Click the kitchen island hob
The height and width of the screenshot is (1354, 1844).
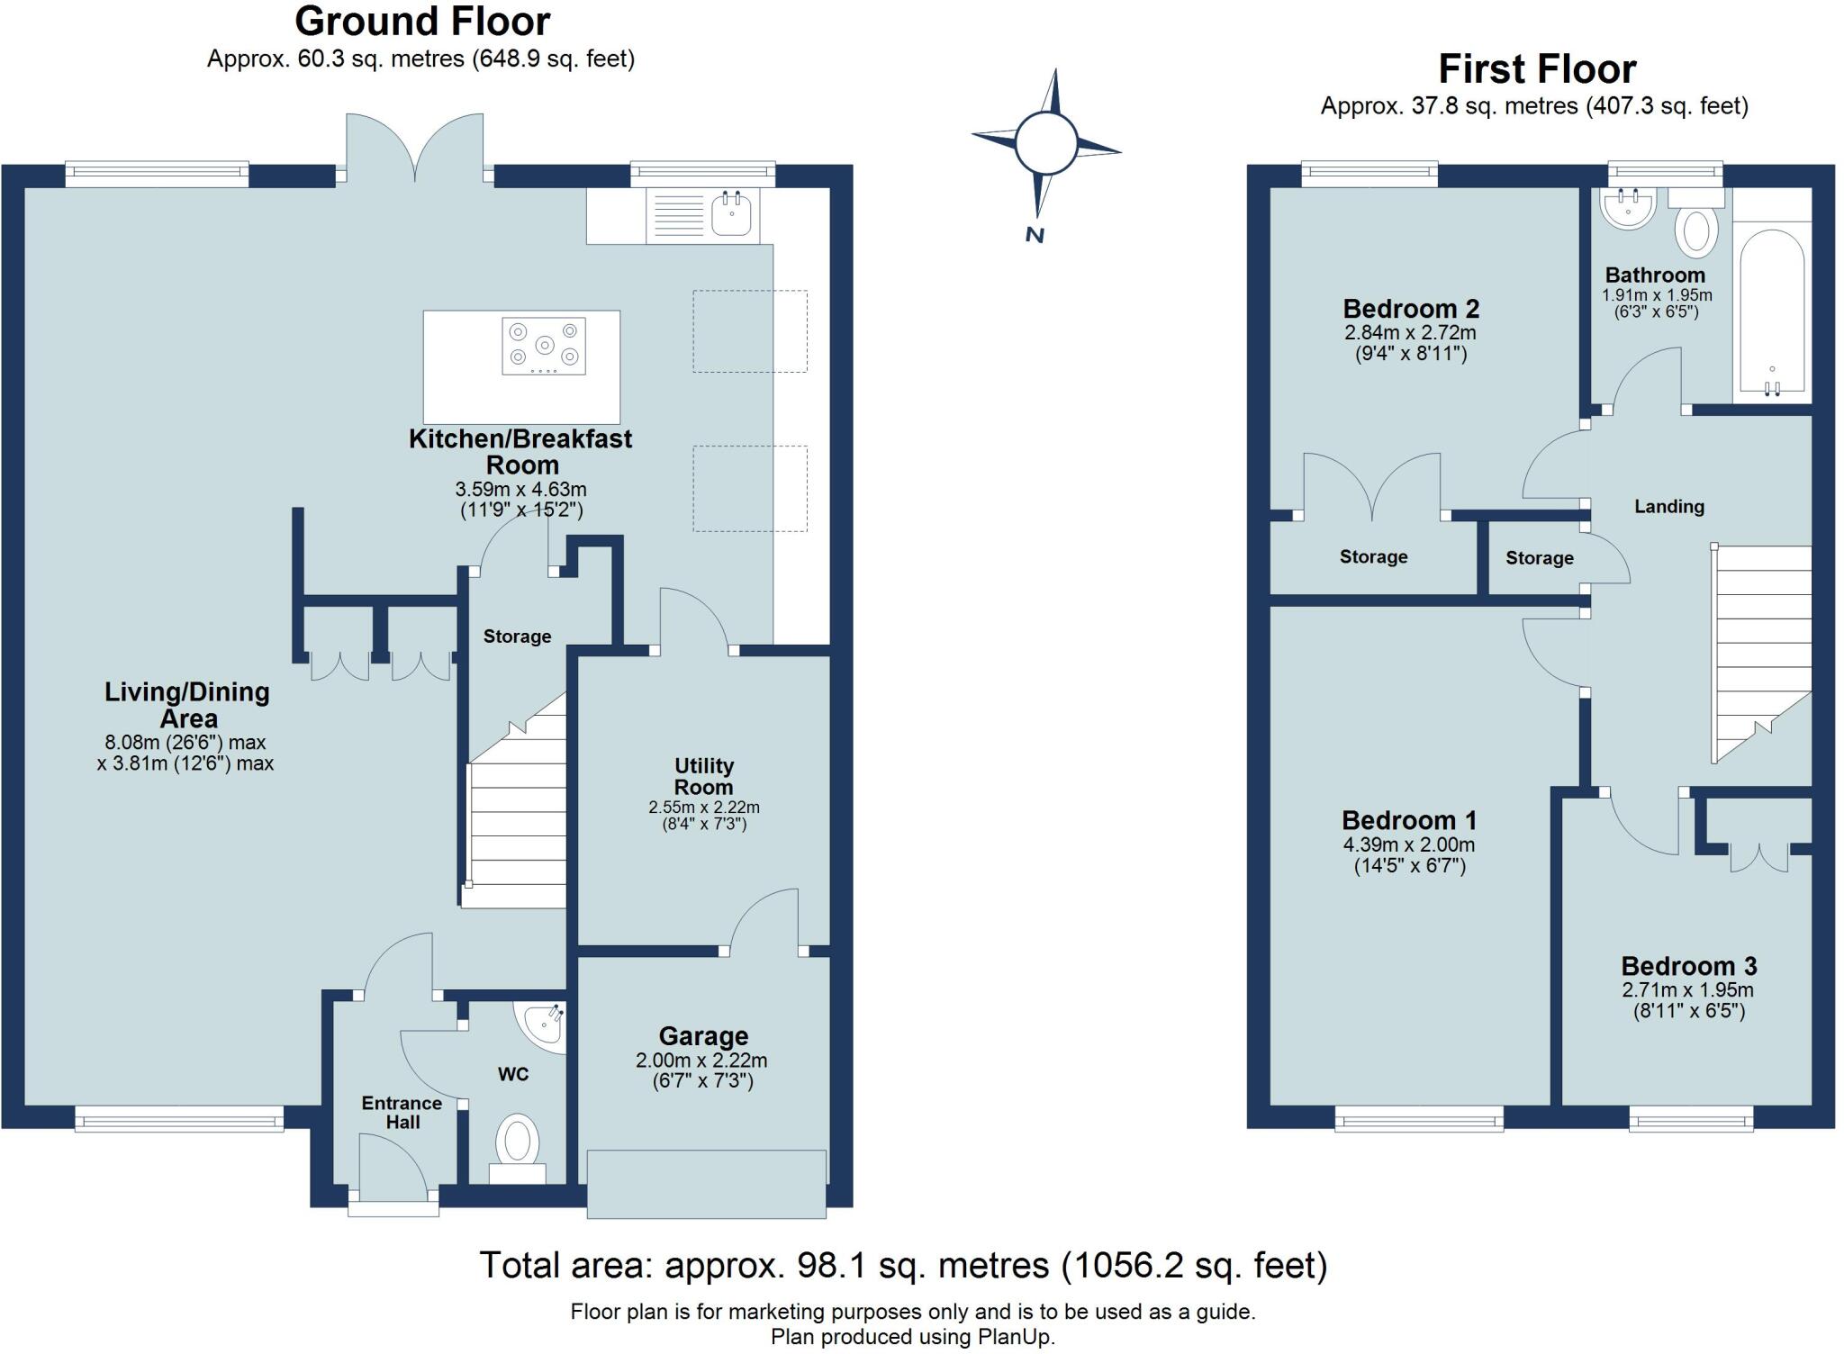click(x=544, y=346)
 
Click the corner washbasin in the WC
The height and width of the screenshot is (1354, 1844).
click(x=544, y=1026)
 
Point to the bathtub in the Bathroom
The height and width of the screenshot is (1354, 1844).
click(x=1772, y=311)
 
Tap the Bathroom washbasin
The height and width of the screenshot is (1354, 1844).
click(x=1628, y=209)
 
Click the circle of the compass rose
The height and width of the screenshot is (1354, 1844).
click(x=1045, y=142)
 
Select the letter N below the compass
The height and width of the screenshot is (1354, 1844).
click(x=1035, y=235)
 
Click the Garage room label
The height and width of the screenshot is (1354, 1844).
click(x=703, y=1036)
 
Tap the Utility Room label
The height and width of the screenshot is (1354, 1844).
click(x=704, y=776)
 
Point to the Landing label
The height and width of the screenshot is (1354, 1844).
click(x=1669, y=507)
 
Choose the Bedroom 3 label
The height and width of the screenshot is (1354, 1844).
click(x=1689, y=966)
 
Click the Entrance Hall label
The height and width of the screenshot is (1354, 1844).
click(x=402, y=1113)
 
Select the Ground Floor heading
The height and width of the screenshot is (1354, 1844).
click(x=422, y=22)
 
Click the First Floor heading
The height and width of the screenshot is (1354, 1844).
click(x=1537, y=69)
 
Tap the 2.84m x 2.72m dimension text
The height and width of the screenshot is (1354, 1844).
click(x=1411, y=332)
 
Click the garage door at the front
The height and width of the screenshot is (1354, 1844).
click(x=707, y=1184)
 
